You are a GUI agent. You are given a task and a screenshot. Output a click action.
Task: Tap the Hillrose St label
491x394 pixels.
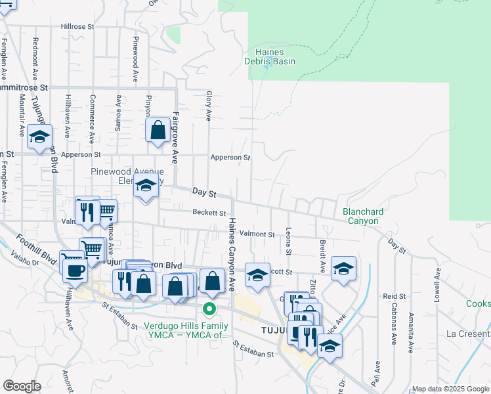78,27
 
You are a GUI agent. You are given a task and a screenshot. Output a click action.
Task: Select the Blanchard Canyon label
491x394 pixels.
361,216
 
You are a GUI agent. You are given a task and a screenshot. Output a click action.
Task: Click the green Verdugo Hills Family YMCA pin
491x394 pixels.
209,308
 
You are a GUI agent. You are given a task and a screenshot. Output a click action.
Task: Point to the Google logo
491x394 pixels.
22,386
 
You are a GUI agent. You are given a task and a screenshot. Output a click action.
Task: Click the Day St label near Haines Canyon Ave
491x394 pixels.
204,192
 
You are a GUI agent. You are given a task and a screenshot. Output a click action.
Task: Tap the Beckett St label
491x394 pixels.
209,213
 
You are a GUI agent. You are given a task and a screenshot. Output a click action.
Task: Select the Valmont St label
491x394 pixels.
256,234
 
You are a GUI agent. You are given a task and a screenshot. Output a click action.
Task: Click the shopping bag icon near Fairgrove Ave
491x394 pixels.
158,129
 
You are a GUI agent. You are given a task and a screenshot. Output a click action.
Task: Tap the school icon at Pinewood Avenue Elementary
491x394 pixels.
146,186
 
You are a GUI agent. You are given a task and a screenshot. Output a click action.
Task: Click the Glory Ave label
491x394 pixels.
209,106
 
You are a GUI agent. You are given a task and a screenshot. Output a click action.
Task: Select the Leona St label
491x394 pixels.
289,242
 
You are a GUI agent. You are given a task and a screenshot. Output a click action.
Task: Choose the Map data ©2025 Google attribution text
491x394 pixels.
450,389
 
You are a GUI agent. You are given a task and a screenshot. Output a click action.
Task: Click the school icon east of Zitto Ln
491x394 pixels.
343,268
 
